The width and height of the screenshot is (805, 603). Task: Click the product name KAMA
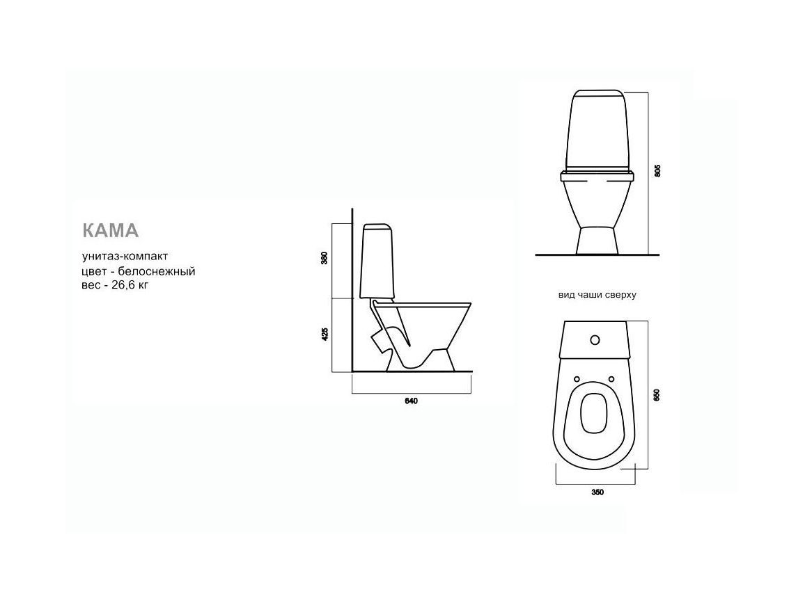pos(111,230)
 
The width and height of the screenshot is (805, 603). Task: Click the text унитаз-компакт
pos(125,256)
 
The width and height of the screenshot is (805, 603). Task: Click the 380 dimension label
pos(324,258)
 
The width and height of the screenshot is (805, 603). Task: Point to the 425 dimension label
pos(324,335)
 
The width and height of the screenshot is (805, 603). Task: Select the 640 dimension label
pos(412,401)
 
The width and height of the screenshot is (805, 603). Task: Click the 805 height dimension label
pos(657,171)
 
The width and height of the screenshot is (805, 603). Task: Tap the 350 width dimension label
pos(597,492)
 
